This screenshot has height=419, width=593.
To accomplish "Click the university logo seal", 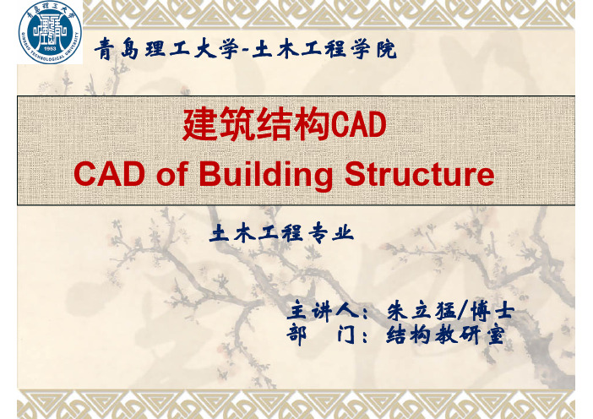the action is [x=50, y=32].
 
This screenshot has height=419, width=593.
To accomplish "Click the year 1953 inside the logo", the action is [x=50, y=48].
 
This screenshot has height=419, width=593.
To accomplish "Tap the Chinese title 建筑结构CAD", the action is [x=284, y=124].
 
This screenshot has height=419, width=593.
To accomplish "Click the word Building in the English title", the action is [x=265, y=175].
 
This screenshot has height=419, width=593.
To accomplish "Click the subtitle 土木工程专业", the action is [x=282, y=233].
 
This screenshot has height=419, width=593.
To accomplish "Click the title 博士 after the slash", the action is [x=492, y=312].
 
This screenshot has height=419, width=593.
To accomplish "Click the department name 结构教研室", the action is [x=445, y=335].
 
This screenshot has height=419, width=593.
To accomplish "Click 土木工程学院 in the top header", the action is [x=324, y=49].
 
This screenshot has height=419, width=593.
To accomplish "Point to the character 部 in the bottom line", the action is [x=296, y=335].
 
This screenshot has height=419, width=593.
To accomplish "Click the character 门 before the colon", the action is [x=345, y=335].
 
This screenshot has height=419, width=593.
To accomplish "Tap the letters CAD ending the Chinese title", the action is [x=358, y=125].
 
